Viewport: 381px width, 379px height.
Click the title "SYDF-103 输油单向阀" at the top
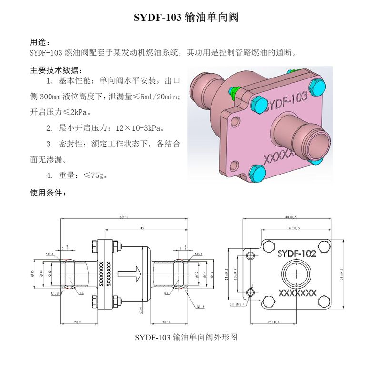[x=186, y=19]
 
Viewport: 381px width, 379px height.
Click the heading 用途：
[x=40, y=42]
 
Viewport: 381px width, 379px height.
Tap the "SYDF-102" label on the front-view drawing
[x=296, y=253]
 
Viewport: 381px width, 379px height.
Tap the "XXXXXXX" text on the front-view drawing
[x=297, y=293]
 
